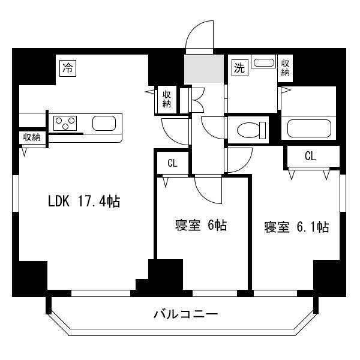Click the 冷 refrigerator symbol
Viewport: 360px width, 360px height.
68,68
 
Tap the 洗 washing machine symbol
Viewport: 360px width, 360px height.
240,67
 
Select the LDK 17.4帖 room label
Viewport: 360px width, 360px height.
84,201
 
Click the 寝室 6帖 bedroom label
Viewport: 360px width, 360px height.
201,225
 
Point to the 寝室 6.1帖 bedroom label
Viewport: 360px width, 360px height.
296,227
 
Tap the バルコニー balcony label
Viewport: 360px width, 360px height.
185,314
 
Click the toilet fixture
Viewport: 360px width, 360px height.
251,130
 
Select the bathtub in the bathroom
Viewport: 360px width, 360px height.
309,128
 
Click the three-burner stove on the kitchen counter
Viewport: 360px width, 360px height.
65,123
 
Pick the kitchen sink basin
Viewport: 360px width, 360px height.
104,123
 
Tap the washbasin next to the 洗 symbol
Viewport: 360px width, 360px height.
263,62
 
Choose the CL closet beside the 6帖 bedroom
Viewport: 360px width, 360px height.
172,163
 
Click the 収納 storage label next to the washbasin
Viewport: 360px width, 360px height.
285,68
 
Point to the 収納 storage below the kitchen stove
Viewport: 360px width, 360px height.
32,137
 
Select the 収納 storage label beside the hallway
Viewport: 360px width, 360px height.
167,99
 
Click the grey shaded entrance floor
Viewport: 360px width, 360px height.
204,68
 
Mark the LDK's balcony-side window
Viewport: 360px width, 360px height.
101,293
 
